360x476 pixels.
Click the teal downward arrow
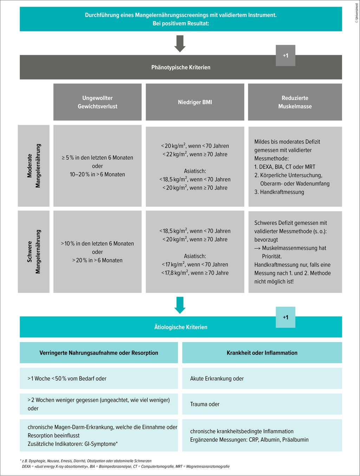coord(180,305)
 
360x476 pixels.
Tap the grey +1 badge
coord(285,56)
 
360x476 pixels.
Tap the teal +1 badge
coord(285,317)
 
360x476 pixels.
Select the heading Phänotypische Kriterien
coord(181,67)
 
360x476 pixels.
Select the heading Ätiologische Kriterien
coord(181,327)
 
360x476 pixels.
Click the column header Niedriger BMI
coord(195,102)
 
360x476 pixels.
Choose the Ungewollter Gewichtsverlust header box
coord(97,102)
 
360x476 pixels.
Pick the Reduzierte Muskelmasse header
coord(295,102)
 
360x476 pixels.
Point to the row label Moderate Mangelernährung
coord(34,166)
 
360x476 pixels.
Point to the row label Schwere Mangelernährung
coord(34,252)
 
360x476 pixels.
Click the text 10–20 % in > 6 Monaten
coord(97,174)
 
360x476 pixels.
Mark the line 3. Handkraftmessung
coord(279,192)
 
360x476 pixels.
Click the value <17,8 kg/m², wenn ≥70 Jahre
coord(195,273)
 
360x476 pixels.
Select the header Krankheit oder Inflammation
coord(262,353)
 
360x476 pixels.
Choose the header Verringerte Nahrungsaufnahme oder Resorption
coord(99,353)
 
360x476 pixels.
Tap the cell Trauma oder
coord(205,404)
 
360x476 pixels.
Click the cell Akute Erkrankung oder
coord(217,379)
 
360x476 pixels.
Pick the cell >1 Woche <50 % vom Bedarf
coord(67,379)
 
